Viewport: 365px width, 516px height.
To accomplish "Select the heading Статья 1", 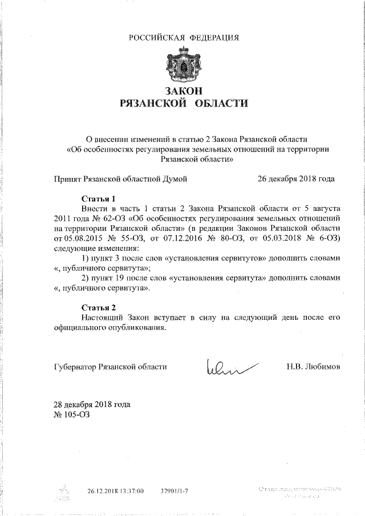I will (99, 199).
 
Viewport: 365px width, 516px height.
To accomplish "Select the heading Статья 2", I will (99, 307).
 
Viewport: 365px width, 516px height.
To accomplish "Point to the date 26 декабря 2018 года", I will (296, 178).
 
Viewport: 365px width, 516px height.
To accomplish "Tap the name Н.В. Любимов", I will (313, 367).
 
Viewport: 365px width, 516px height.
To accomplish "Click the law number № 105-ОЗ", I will (71, 415).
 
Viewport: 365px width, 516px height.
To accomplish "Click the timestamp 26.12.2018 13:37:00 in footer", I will (115, 490).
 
